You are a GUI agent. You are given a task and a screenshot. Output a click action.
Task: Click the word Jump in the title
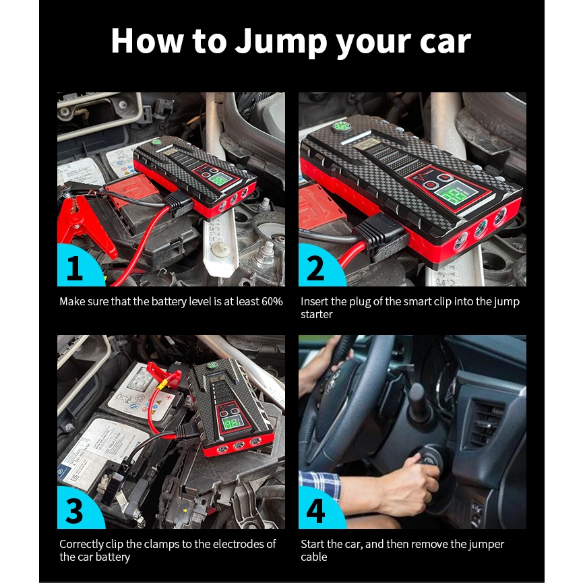coord(281,42)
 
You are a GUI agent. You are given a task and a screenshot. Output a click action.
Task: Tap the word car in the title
coord(446,42)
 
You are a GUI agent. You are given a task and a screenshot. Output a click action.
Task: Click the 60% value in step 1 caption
coord(272,301)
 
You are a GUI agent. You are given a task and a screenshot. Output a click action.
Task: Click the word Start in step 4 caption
coord(312,544)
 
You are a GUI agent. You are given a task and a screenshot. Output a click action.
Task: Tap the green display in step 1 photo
coord(218,179)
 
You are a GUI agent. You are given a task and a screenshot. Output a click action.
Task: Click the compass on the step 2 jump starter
coord(342,127)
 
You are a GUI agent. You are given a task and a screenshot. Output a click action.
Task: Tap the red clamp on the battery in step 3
coord(164,373)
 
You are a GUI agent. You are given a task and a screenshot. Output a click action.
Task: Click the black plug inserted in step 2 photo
coord(380,235)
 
